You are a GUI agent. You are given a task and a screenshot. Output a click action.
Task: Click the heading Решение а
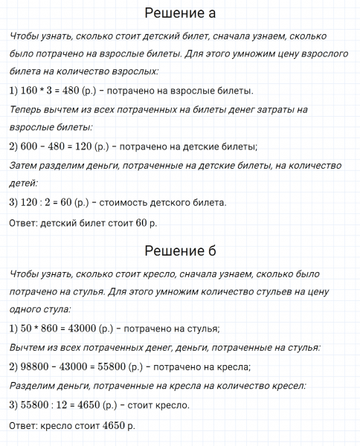(181, 14)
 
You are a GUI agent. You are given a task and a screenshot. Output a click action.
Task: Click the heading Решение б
(181, 251)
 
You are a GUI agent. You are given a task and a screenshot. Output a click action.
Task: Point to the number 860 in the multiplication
(60, 328)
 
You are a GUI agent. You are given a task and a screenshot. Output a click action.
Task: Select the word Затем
(27, 165)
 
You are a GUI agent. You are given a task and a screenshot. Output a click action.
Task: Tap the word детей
(23, 183)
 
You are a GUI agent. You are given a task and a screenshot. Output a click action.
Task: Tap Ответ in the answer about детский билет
(24, 223)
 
